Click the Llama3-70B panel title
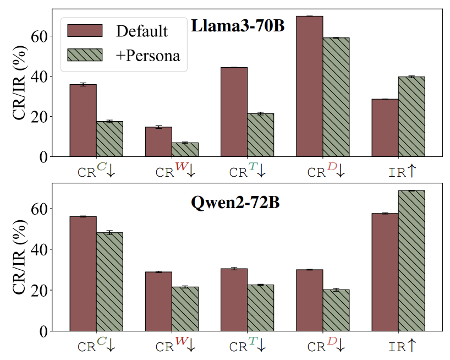click(238, 26)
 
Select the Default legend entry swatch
click(85, 30)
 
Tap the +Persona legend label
click(148, 55)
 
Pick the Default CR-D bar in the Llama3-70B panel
click(310, 86)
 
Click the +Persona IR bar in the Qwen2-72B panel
click(411, 260)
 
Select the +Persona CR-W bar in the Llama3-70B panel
click(185, 150)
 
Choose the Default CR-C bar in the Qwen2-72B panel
click(83, 274)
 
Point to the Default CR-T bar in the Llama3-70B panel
click(234, 112)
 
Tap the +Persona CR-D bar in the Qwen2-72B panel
click(336, 310)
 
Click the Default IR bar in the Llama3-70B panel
click(385, 128)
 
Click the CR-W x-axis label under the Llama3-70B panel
click(175, 171)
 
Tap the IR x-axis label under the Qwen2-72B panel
click(402, 346)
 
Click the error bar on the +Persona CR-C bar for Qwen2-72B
click(109, 233)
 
